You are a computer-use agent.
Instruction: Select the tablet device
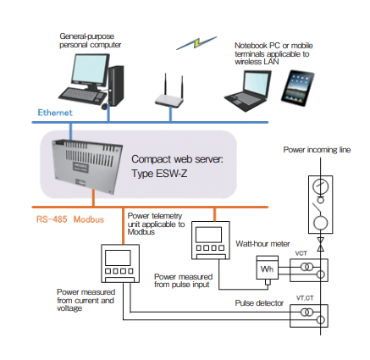point(298,88)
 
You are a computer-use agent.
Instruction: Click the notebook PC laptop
point(248,90)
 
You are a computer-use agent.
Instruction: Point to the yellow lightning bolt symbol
point(196,42)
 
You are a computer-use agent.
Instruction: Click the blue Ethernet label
point(55,113)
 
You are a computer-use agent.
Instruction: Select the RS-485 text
point(52,219)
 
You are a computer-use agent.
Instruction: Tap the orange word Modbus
point(89,219)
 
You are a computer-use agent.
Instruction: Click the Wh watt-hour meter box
point(268,268)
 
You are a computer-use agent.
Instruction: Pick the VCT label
point(301,253)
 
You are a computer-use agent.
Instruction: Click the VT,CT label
point(305,298)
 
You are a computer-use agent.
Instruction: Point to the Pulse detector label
point(259,303)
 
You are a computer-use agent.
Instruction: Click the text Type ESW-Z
point(159,174)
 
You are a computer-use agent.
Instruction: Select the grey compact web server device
point(87,167)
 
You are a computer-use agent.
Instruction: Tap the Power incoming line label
point(317,150)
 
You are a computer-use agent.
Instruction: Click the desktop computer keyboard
point(81,96)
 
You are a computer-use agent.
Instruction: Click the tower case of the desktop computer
point(116,86)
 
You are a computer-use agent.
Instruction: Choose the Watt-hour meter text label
point(262,244)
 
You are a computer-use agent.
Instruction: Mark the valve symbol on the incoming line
point(321,244)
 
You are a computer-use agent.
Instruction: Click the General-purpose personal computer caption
point(91,41)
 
